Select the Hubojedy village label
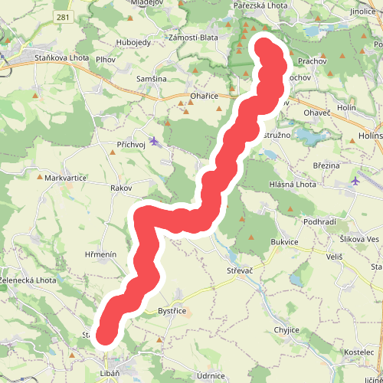[x=133, y=42]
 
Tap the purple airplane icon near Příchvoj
[x=155, y=141]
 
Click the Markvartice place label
[x=64, y=178]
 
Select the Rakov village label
[x=121, y=188]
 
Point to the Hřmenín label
[x=100, y=254]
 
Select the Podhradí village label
[x=321, y=221]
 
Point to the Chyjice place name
[x=287, y=329]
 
